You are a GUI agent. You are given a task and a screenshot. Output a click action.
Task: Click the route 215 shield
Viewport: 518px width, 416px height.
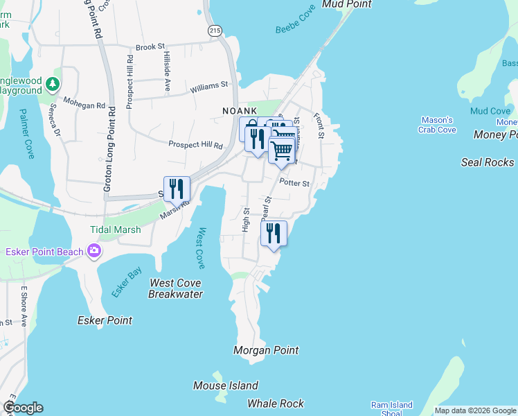point(215,31)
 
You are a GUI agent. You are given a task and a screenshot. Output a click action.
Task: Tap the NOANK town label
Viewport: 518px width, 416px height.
point(240,111)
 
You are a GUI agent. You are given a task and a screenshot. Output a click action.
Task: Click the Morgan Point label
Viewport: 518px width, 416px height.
point(267,350)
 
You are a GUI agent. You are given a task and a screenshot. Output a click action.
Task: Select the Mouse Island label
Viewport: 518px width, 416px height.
point(226,385)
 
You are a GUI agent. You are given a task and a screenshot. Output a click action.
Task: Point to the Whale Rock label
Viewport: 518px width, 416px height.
point(276,404)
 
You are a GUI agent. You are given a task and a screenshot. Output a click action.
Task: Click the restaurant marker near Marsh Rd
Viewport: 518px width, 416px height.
point(177,189)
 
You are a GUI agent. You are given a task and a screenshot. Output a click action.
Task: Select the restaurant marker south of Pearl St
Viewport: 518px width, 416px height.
point(274,233)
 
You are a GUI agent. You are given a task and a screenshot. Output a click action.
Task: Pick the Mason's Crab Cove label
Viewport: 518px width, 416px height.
point(437,125)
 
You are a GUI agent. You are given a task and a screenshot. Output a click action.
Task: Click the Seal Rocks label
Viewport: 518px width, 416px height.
point(488,162)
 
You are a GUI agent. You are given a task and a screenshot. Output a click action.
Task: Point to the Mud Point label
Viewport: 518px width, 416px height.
point(347,4)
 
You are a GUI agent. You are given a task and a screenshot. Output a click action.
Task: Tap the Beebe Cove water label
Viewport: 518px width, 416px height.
point(296,19)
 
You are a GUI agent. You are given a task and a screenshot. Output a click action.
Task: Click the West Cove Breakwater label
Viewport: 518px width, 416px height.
point(176,288)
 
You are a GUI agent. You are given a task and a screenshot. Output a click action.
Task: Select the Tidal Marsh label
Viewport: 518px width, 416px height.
point(115,229)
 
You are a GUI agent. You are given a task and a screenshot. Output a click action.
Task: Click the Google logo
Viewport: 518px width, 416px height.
point(23,408)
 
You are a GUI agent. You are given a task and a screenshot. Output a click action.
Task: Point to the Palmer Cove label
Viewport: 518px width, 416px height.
point(26,133)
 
